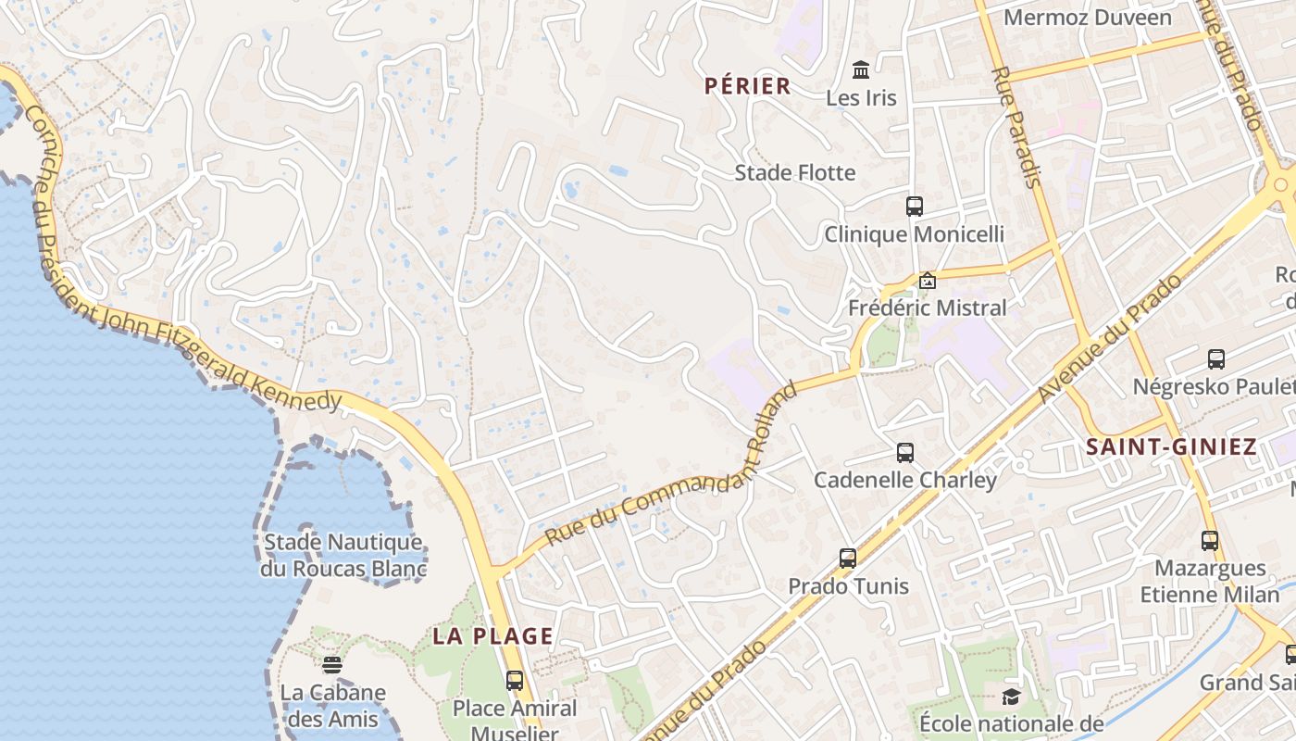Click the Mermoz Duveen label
(x=1087, y=18)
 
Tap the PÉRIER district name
(x=747, y=86)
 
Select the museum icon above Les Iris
(x=861, y=69)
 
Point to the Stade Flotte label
(x=794, y=172)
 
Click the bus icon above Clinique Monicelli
(x=914, y=206)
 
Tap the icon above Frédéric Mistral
(x=927, y=280)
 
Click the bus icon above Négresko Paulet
(x=1216, y=358)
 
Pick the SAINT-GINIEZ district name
(x=1171, y=447)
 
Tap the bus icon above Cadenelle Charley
(x=904, y=453)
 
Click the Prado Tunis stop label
(x=848, y=586)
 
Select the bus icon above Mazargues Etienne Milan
(x=1209, y=540)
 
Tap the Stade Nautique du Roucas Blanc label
(x=343, y=555)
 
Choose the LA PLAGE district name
(x=492, y=636)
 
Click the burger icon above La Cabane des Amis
(x=331, y=664)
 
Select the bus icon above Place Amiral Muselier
(x=514, y=681)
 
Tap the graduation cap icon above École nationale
(x=1010, y=697)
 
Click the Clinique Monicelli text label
(x=914, y=234)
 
